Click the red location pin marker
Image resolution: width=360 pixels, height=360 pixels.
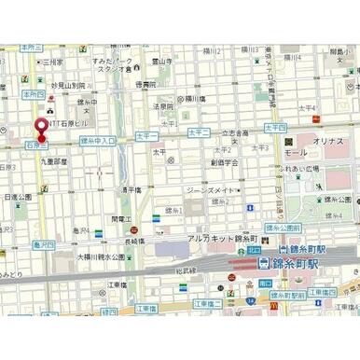pos(40,130)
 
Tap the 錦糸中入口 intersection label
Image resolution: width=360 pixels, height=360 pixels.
pos(97,140)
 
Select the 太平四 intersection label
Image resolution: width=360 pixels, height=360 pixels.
pos(274,127)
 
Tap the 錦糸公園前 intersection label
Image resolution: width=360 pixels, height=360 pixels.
pos(284,228)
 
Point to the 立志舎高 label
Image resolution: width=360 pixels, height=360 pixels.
pos(236,134)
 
